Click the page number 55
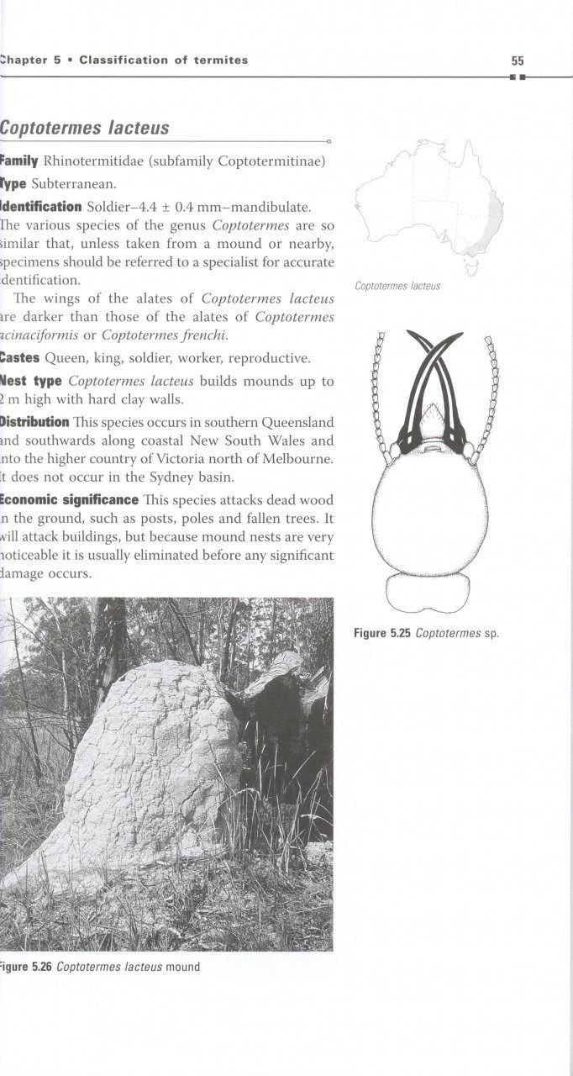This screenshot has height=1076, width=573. [x=517, y=61]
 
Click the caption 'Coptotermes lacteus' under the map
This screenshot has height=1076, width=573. [x=397, y=286]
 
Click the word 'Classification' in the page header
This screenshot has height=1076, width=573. [x=123, y=61]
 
